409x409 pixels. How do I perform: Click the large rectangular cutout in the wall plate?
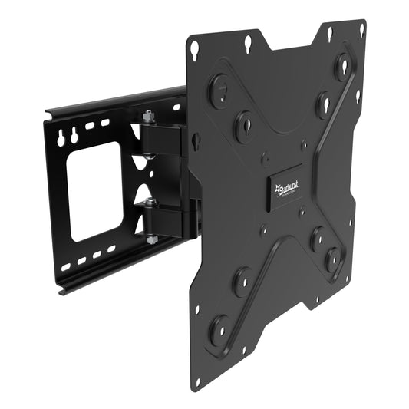96,191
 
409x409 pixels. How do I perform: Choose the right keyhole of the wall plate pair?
74,136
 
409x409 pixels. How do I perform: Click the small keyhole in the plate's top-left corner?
196,48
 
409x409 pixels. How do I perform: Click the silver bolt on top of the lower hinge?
150,203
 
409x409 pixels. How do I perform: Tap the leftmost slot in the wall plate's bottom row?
66,267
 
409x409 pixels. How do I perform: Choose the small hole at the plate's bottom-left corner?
197,379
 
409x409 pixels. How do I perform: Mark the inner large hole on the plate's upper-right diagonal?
323,104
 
